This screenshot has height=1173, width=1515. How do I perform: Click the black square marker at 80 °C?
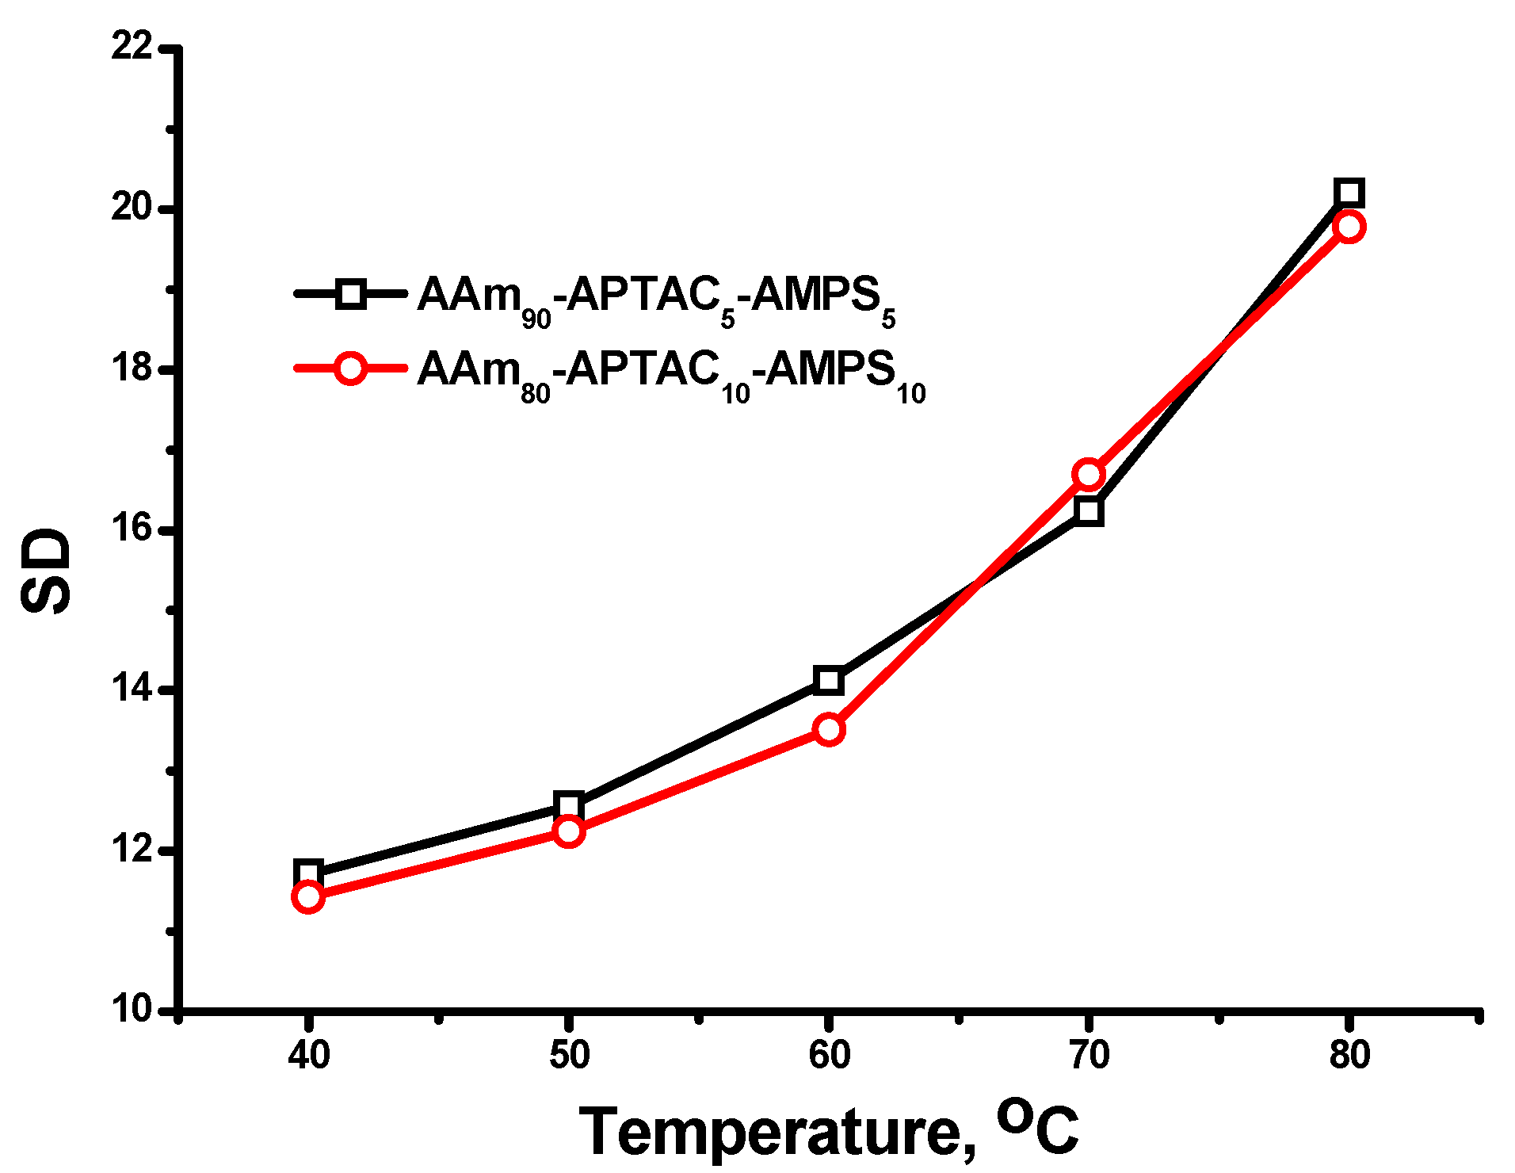1349,193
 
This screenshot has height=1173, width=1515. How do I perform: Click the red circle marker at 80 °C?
1349,227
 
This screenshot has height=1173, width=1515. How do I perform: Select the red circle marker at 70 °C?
1089,474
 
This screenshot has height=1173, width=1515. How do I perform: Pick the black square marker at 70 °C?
1089,511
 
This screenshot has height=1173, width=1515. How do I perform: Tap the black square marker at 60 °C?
829,680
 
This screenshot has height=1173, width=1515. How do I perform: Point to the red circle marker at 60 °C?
829,728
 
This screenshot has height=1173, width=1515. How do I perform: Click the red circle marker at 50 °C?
569,831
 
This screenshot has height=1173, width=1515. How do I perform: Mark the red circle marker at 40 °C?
308,896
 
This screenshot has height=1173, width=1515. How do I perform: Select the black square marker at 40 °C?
308,872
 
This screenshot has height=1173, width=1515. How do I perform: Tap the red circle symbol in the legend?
349,369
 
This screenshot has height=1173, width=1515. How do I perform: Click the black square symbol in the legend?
349,294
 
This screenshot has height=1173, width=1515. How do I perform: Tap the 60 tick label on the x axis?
829,1055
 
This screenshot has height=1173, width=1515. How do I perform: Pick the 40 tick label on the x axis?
308,1055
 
